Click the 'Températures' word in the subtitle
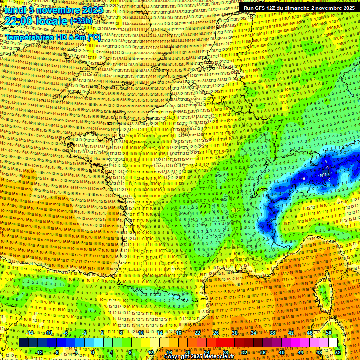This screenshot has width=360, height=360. [29, 37]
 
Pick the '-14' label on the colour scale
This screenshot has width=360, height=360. [30, 333]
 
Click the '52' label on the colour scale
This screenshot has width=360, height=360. [338, 352]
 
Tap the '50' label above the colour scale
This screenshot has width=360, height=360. [329, 333]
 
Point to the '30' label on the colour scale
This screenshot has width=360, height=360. [235, 333]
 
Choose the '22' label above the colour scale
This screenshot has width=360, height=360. [197, 333]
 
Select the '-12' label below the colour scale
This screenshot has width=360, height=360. [39, 352]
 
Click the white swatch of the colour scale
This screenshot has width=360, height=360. [333, 343]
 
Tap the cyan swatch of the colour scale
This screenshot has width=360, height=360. [89, 343]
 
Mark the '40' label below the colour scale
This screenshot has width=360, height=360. [282, 352]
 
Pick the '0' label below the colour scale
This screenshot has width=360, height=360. [94, 352]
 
